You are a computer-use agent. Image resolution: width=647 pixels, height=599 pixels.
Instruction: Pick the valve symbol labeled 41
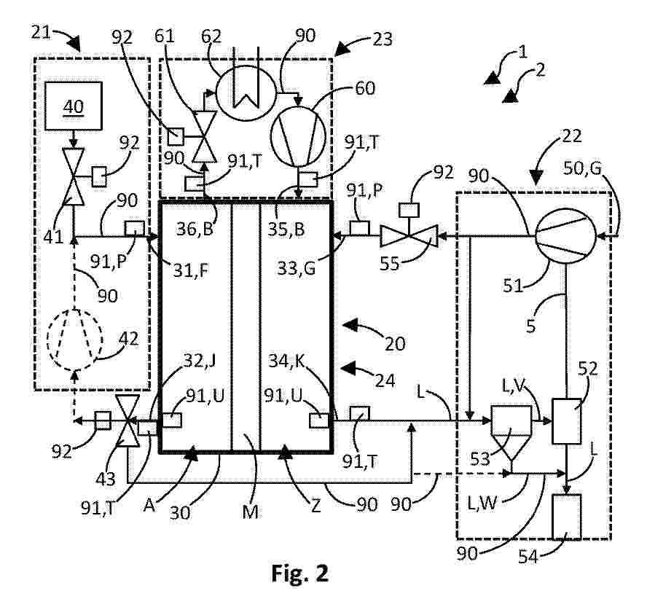click(73, 177)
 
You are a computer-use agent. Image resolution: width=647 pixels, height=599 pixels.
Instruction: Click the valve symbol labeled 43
click(128, 421)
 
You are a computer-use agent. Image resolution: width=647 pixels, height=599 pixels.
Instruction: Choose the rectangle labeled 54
click(566, 516)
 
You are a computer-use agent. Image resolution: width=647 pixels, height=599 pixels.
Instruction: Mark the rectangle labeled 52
click(566, 420)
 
